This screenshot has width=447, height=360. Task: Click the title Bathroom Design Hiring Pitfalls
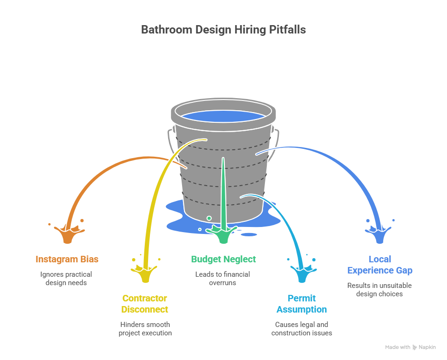click(x=223, y=30)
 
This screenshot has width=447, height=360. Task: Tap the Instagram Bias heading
click(x=67, y=259)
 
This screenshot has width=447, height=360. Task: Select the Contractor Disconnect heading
click(x=145, y=304)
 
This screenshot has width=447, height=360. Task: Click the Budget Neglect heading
click(x=223, y=259)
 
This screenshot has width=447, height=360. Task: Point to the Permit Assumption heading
click(x=302, y=304)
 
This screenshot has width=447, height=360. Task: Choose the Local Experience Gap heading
click(x=379, y=265)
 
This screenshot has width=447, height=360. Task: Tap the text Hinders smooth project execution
click(x=145, y=328)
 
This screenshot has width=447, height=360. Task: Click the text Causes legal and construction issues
click(x=302, y=328)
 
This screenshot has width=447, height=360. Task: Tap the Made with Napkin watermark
click(x=410, y=347)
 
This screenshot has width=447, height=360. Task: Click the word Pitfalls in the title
click(x=287, y=30)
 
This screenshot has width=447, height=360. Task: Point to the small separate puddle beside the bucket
click(x=248, y=234)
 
